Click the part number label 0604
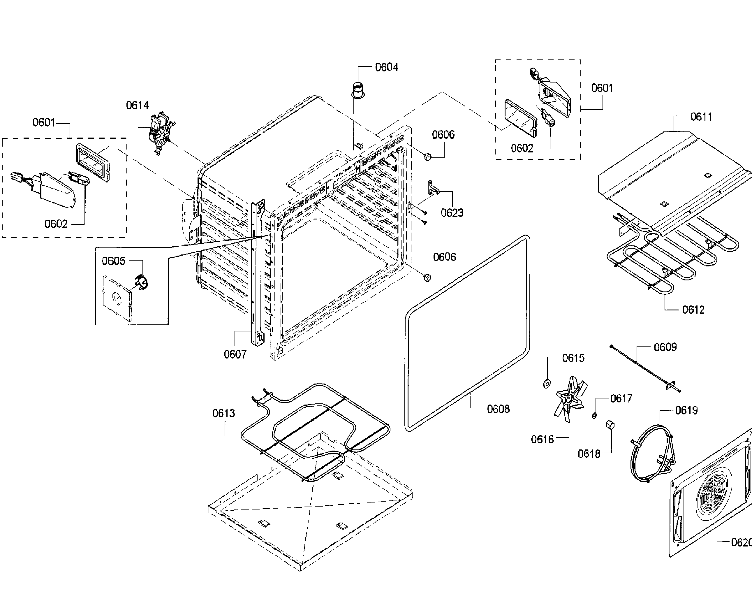pyautogui.click(x=386, y=67)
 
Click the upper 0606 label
pyautogui.click(x=443, y=134)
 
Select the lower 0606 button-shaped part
pyautogui.click(x=427, y=278)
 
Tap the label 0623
pyautogui.click(x=452, y=212)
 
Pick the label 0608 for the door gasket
pyautogui.click(x=498, y=409)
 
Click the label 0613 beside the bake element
pyautogui.click(x=223, y=413)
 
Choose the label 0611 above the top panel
pyautogui.click(x=701, y=117)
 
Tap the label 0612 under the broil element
pyautogui.click(x=693, y=310)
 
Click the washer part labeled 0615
pyautogui.click(x=547, y=384)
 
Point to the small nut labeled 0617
pyautogui.click(x=594, y=416)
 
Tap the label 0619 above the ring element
pyautogui.click(x=686, y=410)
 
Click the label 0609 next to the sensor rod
pyautogui.click(x=665, y=347)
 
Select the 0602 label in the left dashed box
pyautogui.click(x=56, y=224)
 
